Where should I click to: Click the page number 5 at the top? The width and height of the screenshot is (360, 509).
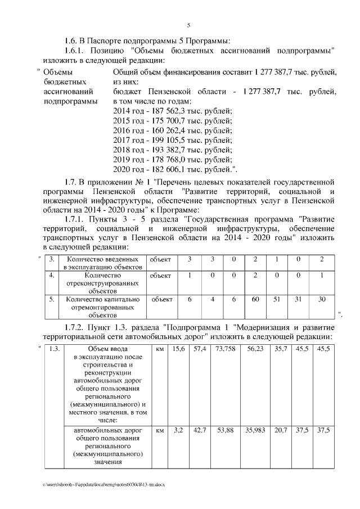188,25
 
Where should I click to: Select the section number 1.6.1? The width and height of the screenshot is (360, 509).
76,51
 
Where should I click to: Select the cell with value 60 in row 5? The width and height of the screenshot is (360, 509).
255,299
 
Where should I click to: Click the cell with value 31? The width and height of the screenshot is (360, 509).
299,299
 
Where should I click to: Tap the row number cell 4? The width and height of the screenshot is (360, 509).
51,276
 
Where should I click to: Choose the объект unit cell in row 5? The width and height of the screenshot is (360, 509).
162,299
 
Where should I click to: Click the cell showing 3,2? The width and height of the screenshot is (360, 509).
178,430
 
